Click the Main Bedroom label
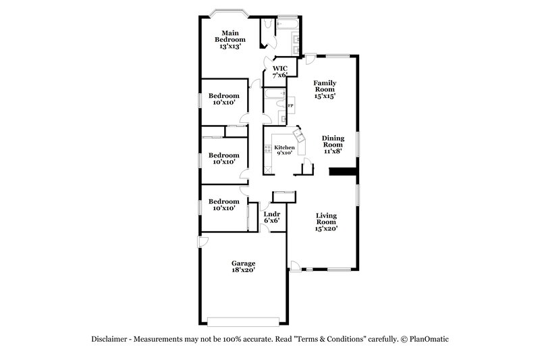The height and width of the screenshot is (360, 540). [232, 40]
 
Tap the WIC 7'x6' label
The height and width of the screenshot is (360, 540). [280, 72]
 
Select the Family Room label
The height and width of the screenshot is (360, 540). [324, 90]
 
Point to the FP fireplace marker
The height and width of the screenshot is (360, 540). [291, 107]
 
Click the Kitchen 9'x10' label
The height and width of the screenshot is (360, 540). [283, 150]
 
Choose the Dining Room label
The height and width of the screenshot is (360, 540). [332, 145]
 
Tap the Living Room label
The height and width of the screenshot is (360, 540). [327, 222]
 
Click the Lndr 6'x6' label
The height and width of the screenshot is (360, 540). [272, 217]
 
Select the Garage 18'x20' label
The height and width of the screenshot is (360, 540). [243, 267]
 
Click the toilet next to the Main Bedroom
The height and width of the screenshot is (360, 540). [268, 25]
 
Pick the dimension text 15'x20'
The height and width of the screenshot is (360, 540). [327, 228]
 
